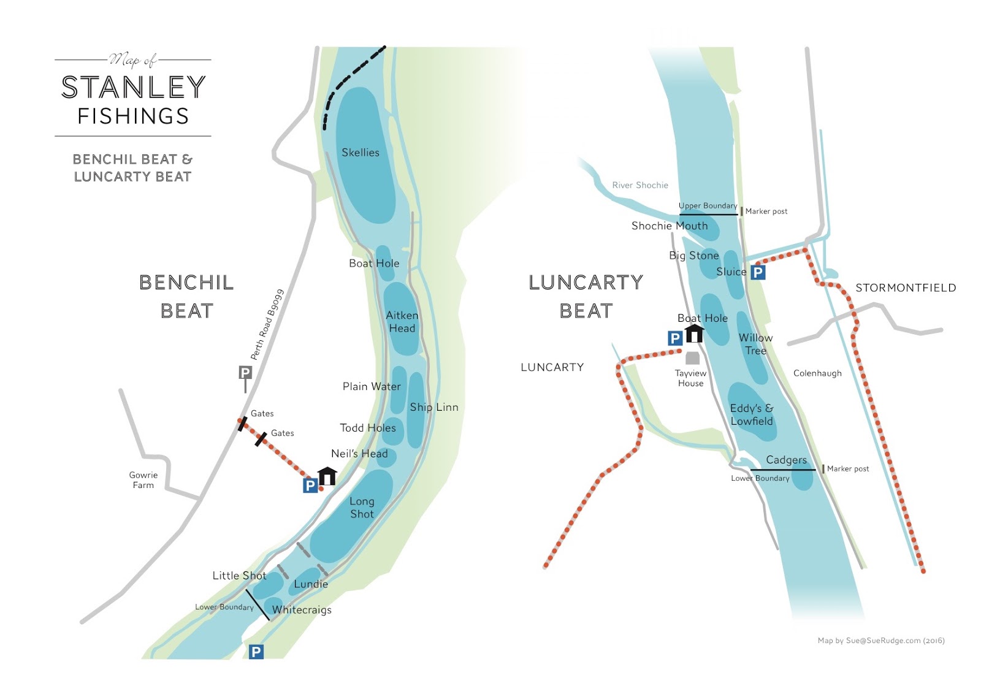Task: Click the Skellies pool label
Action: click(x=360, y=153)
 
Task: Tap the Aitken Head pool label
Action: click(x=402, y=322)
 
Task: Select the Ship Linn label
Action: click(x=433, y=407)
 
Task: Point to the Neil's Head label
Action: click(x=359, y=454)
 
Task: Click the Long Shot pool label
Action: click(x=362, y=508)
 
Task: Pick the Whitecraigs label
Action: click(x=302, y=610)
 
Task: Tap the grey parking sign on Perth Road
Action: click(x=245, y=373)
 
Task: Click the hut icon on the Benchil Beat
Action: click(x=327, y=476)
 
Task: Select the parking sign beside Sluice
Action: click(x=758, y=272)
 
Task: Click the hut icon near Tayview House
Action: click(x=694, y=334)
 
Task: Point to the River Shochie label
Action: click(x=640, y=185)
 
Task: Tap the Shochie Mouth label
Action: click(x=670, y=226)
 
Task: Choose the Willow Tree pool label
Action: click(x=755, y=344)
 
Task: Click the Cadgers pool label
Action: click(x=786, y=460)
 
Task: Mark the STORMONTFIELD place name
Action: click(x=905, y=288)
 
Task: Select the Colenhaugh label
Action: click(x=817, y=373)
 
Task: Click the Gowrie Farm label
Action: click(x=143, y=480)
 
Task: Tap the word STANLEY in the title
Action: click(x=133, y=88)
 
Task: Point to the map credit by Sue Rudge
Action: click(x=880, y=641)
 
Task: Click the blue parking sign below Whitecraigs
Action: click(x=256, y=652)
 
